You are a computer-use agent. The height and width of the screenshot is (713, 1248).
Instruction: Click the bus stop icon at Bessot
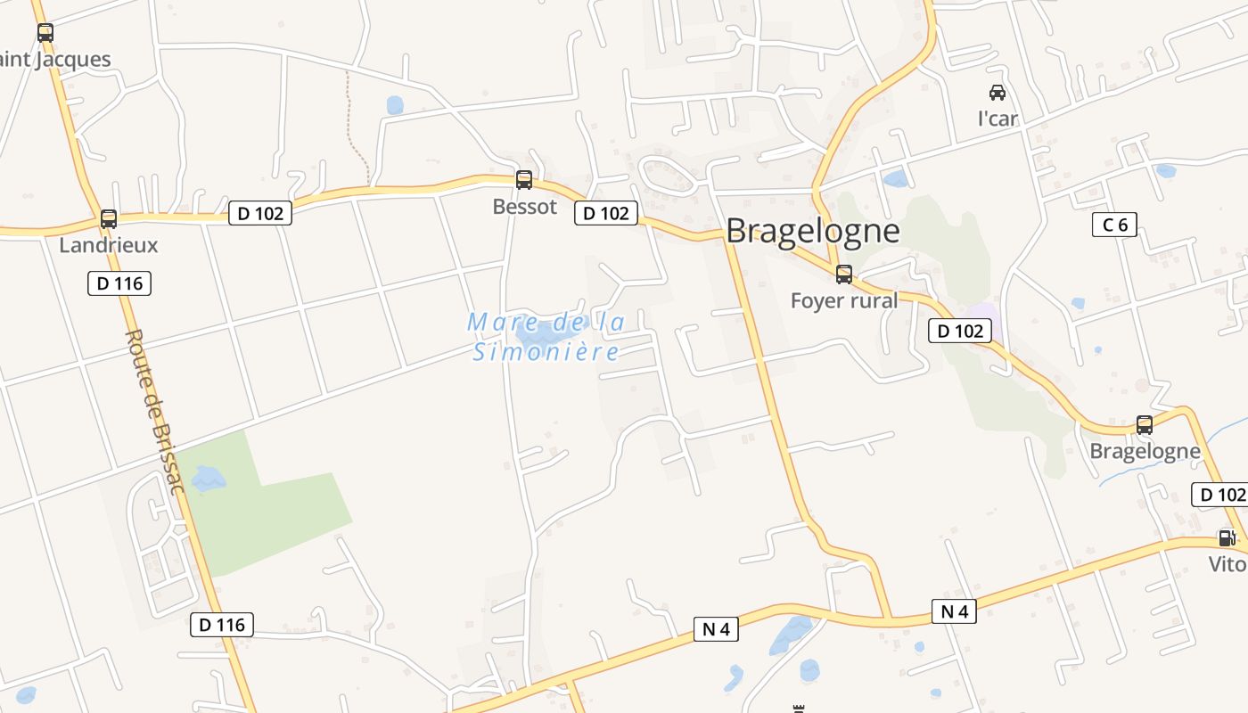tap(524, 180)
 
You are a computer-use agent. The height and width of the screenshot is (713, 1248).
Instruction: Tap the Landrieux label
tap(108, 245)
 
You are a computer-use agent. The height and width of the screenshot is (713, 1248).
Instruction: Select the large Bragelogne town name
tap(812, 231)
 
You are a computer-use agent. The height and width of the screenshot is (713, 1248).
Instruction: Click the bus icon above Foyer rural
tap(843, 275)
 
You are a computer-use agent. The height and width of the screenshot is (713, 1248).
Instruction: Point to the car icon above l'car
tap(998, 92)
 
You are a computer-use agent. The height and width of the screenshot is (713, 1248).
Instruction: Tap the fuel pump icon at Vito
tap(1227, 537)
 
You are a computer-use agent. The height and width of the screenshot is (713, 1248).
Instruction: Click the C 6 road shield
tap(1114, 225)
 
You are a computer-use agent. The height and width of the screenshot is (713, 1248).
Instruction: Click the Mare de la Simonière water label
tap(546, 337)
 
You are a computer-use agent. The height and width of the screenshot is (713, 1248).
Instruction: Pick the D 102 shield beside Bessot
tap(605, 213)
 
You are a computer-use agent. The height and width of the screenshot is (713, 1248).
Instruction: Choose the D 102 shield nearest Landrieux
tap(260, 213)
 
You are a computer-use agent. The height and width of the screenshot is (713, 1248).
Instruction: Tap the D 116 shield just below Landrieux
tap(119, 283)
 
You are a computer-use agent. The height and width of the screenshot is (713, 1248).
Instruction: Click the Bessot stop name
tap(524, 207)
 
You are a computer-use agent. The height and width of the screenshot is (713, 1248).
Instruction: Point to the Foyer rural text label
tap(844, 300)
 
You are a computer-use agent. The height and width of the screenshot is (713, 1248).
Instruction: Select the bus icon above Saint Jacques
tap(45, 33)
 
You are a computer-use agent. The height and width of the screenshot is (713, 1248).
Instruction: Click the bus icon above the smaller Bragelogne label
tap(1145, 425)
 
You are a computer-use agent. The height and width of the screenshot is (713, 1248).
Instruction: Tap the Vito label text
tap(1227, 564)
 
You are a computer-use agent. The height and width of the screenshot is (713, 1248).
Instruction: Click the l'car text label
tap(998, 119)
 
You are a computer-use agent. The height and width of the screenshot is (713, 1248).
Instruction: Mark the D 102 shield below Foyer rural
tap(960, 331)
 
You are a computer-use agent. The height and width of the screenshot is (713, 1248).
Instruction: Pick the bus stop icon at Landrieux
tap(109, 218)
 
